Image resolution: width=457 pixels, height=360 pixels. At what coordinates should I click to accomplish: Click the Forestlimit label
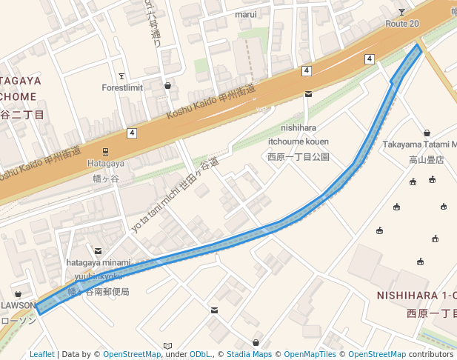(121, 87)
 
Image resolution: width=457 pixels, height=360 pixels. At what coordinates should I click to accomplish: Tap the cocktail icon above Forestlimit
(121, 76)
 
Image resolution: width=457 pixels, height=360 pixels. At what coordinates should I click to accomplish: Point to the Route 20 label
(402, 24)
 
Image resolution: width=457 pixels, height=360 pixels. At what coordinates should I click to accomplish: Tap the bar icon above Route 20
(401, 12)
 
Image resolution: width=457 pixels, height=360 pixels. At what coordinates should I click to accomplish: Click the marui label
(246, 14)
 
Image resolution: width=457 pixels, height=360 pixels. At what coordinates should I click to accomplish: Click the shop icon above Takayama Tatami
(427, 133)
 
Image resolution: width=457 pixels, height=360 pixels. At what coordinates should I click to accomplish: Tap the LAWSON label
(18, 305)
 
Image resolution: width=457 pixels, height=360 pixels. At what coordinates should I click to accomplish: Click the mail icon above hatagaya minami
(99, 250)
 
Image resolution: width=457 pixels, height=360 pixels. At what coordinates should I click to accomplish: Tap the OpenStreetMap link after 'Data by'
(131, 354)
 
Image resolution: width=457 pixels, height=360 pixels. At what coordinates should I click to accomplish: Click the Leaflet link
(41, 354)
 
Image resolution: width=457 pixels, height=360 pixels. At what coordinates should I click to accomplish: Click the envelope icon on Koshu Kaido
(308, 94)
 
